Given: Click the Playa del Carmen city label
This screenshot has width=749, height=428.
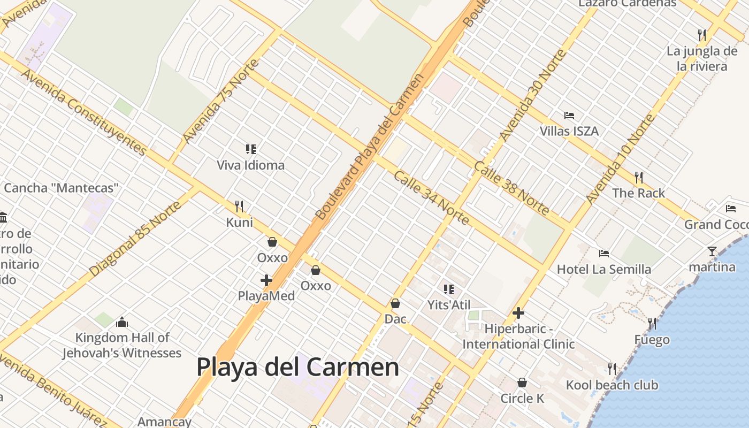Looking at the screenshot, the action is pyautogui.click(x=297, y=368).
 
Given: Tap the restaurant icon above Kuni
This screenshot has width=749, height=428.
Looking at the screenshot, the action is pyautogui.click(x=239, y=206).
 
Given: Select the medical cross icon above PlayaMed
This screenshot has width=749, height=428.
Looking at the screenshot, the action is pyautogui.click(x=266, y=280).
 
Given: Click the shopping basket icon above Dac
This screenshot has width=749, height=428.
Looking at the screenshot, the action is pyautogui.click(x=395, y=303).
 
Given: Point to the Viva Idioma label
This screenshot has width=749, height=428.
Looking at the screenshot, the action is pyautogui.click(x=250, y=165).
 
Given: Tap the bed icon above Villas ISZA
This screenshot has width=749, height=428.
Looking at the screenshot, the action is pyautogui.click(x=569, y=115).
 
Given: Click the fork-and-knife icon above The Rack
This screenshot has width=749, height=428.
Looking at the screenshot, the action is pyautogui.click(x=638, y=177).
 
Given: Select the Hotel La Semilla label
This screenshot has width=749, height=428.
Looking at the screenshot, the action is pyautogui.click(x=604, y=269).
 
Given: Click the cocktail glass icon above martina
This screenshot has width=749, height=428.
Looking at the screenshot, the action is pyautogui.click(x=712, y=251).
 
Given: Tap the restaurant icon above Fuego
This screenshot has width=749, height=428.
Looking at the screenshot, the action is pyautogui.click(x=652, y=323).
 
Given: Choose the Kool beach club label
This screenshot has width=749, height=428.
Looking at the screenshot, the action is pyautogui.click(x=612, y=385).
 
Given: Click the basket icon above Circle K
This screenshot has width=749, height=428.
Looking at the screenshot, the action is pyautogui.click(x=522, y=383).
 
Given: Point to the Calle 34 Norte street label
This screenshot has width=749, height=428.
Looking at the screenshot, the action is pyautogui.click(x=431, y=197).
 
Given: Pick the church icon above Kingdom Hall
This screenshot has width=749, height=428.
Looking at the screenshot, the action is pyautogui.click(x=122, y=322).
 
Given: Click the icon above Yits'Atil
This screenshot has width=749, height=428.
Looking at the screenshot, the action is pyautogui.click(x=448, y=289).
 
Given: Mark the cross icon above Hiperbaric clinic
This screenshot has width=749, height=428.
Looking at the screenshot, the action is pyautogui.click(x=518, y=313).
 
